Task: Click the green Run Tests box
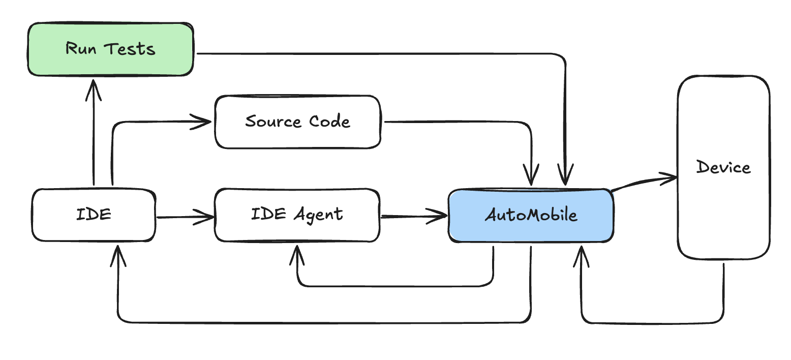tap(110, 49)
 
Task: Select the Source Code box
tap(297, 122)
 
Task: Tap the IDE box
tap(94, 215)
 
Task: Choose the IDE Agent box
tap(297, 215)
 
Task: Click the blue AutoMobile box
tap(531, 215)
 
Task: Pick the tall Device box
tap(723, 168)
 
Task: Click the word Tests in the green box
tap(130, 49)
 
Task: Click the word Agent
tap(319, 215)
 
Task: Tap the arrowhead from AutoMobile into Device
tap(669, 177)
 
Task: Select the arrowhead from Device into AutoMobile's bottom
tap(582, 254)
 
